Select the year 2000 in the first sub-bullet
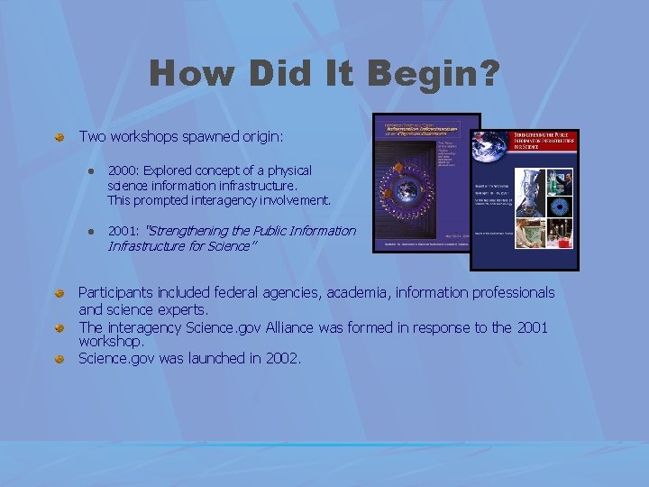tap(121, 170)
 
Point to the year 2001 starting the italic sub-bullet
tap(121, 231)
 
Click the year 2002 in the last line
tap(280, 358)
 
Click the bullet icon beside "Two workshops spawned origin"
tap(59, 137)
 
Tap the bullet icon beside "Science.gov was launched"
tap(59, 359)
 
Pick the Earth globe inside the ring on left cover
tap(407, 193)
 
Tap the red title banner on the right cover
tap(544, 141)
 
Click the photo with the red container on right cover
tap(562, 235)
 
